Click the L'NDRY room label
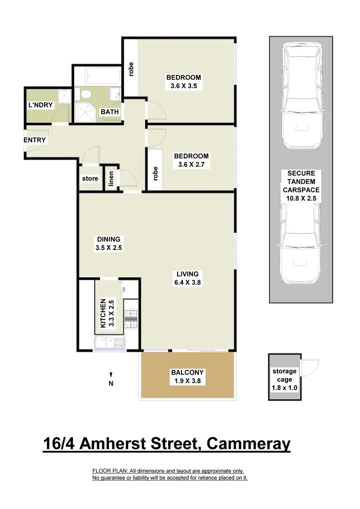(x=40, y=105)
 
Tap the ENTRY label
(x=35, y=140)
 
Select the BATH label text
(x=109, y=112)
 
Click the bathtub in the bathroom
(x=103, y=76)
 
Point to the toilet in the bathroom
(x=87, y=95)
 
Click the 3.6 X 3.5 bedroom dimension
(x=183, y=87)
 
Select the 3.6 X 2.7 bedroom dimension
(x=191, y=165)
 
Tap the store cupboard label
(x=90, y=178)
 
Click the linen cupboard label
(x=111, y=178)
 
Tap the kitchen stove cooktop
(x=131, y=316)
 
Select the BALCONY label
(x=187, y=372)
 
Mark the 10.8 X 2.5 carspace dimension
(x=300, y=197)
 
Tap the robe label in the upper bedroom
(x=131, y=69)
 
